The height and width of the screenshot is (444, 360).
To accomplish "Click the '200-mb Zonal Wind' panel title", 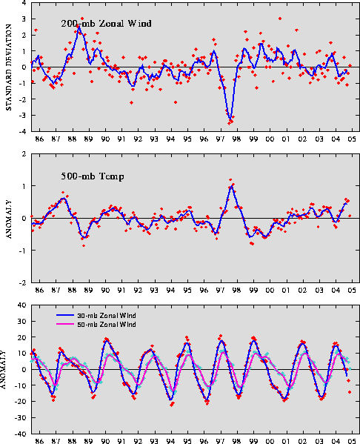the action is point(106,23).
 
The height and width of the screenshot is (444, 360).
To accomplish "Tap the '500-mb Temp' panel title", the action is point(93,176).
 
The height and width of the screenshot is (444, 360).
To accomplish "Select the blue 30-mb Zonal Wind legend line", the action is point(65,315).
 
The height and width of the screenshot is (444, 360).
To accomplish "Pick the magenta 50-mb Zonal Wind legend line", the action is point(65,324).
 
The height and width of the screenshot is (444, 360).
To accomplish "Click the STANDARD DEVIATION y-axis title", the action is point(9,67).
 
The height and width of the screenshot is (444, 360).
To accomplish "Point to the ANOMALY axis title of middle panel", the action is point(9,219).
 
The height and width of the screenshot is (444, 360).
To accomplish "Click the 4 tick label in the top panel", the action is point(24,3).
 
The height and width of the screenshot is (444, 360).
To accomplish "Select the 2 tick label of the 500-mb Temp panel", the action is point(24,154).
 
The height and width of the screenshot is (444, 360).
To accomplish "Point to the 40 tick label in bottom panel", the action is point(21,305).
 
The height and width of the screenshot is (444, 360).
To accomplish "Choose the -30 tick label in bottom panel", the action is point(20,417).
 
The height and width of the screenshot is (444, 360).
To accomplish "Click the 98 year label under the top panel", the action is point(236,139).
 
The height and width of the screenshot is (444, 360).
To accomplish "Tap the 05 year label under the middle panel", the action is point(352,291).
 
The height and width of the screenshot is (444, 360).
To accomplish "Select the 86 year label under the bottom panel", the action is point(39,441).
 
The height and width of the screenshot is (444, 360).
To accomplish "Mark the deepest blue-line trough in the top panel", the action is point(230,119).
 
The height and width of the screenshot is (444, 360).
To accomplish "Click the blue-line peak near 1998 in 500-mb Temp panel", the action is point(232,186).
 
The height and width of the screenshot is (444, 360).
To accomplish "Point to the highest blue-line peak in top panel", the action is point(79,27).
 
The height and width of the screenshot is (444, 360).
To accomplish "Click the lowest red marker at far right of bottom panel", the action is point(350,392).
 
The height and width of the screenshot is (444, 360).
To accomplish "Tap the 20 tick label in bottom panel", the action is point(21,337).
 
